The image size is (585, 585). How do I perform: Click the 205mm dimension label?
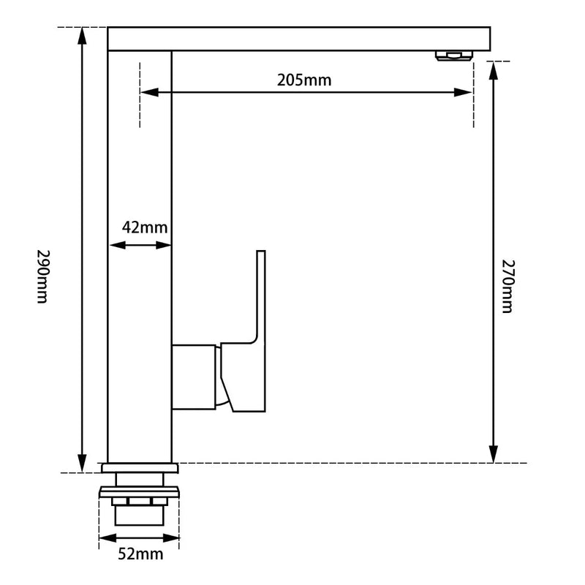click(304, 80)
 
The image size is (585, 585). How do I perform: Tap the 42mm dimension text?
click(144, 227)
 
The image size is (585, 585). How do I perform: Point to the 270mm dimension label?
click(508, 284)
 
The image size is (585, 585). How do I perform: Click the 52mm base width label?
click(140, 554)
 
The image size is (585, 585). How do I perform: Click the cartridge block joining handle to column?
click(195, 377)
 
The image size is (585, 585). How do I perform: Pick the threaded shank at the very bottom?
click(139, 516)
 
